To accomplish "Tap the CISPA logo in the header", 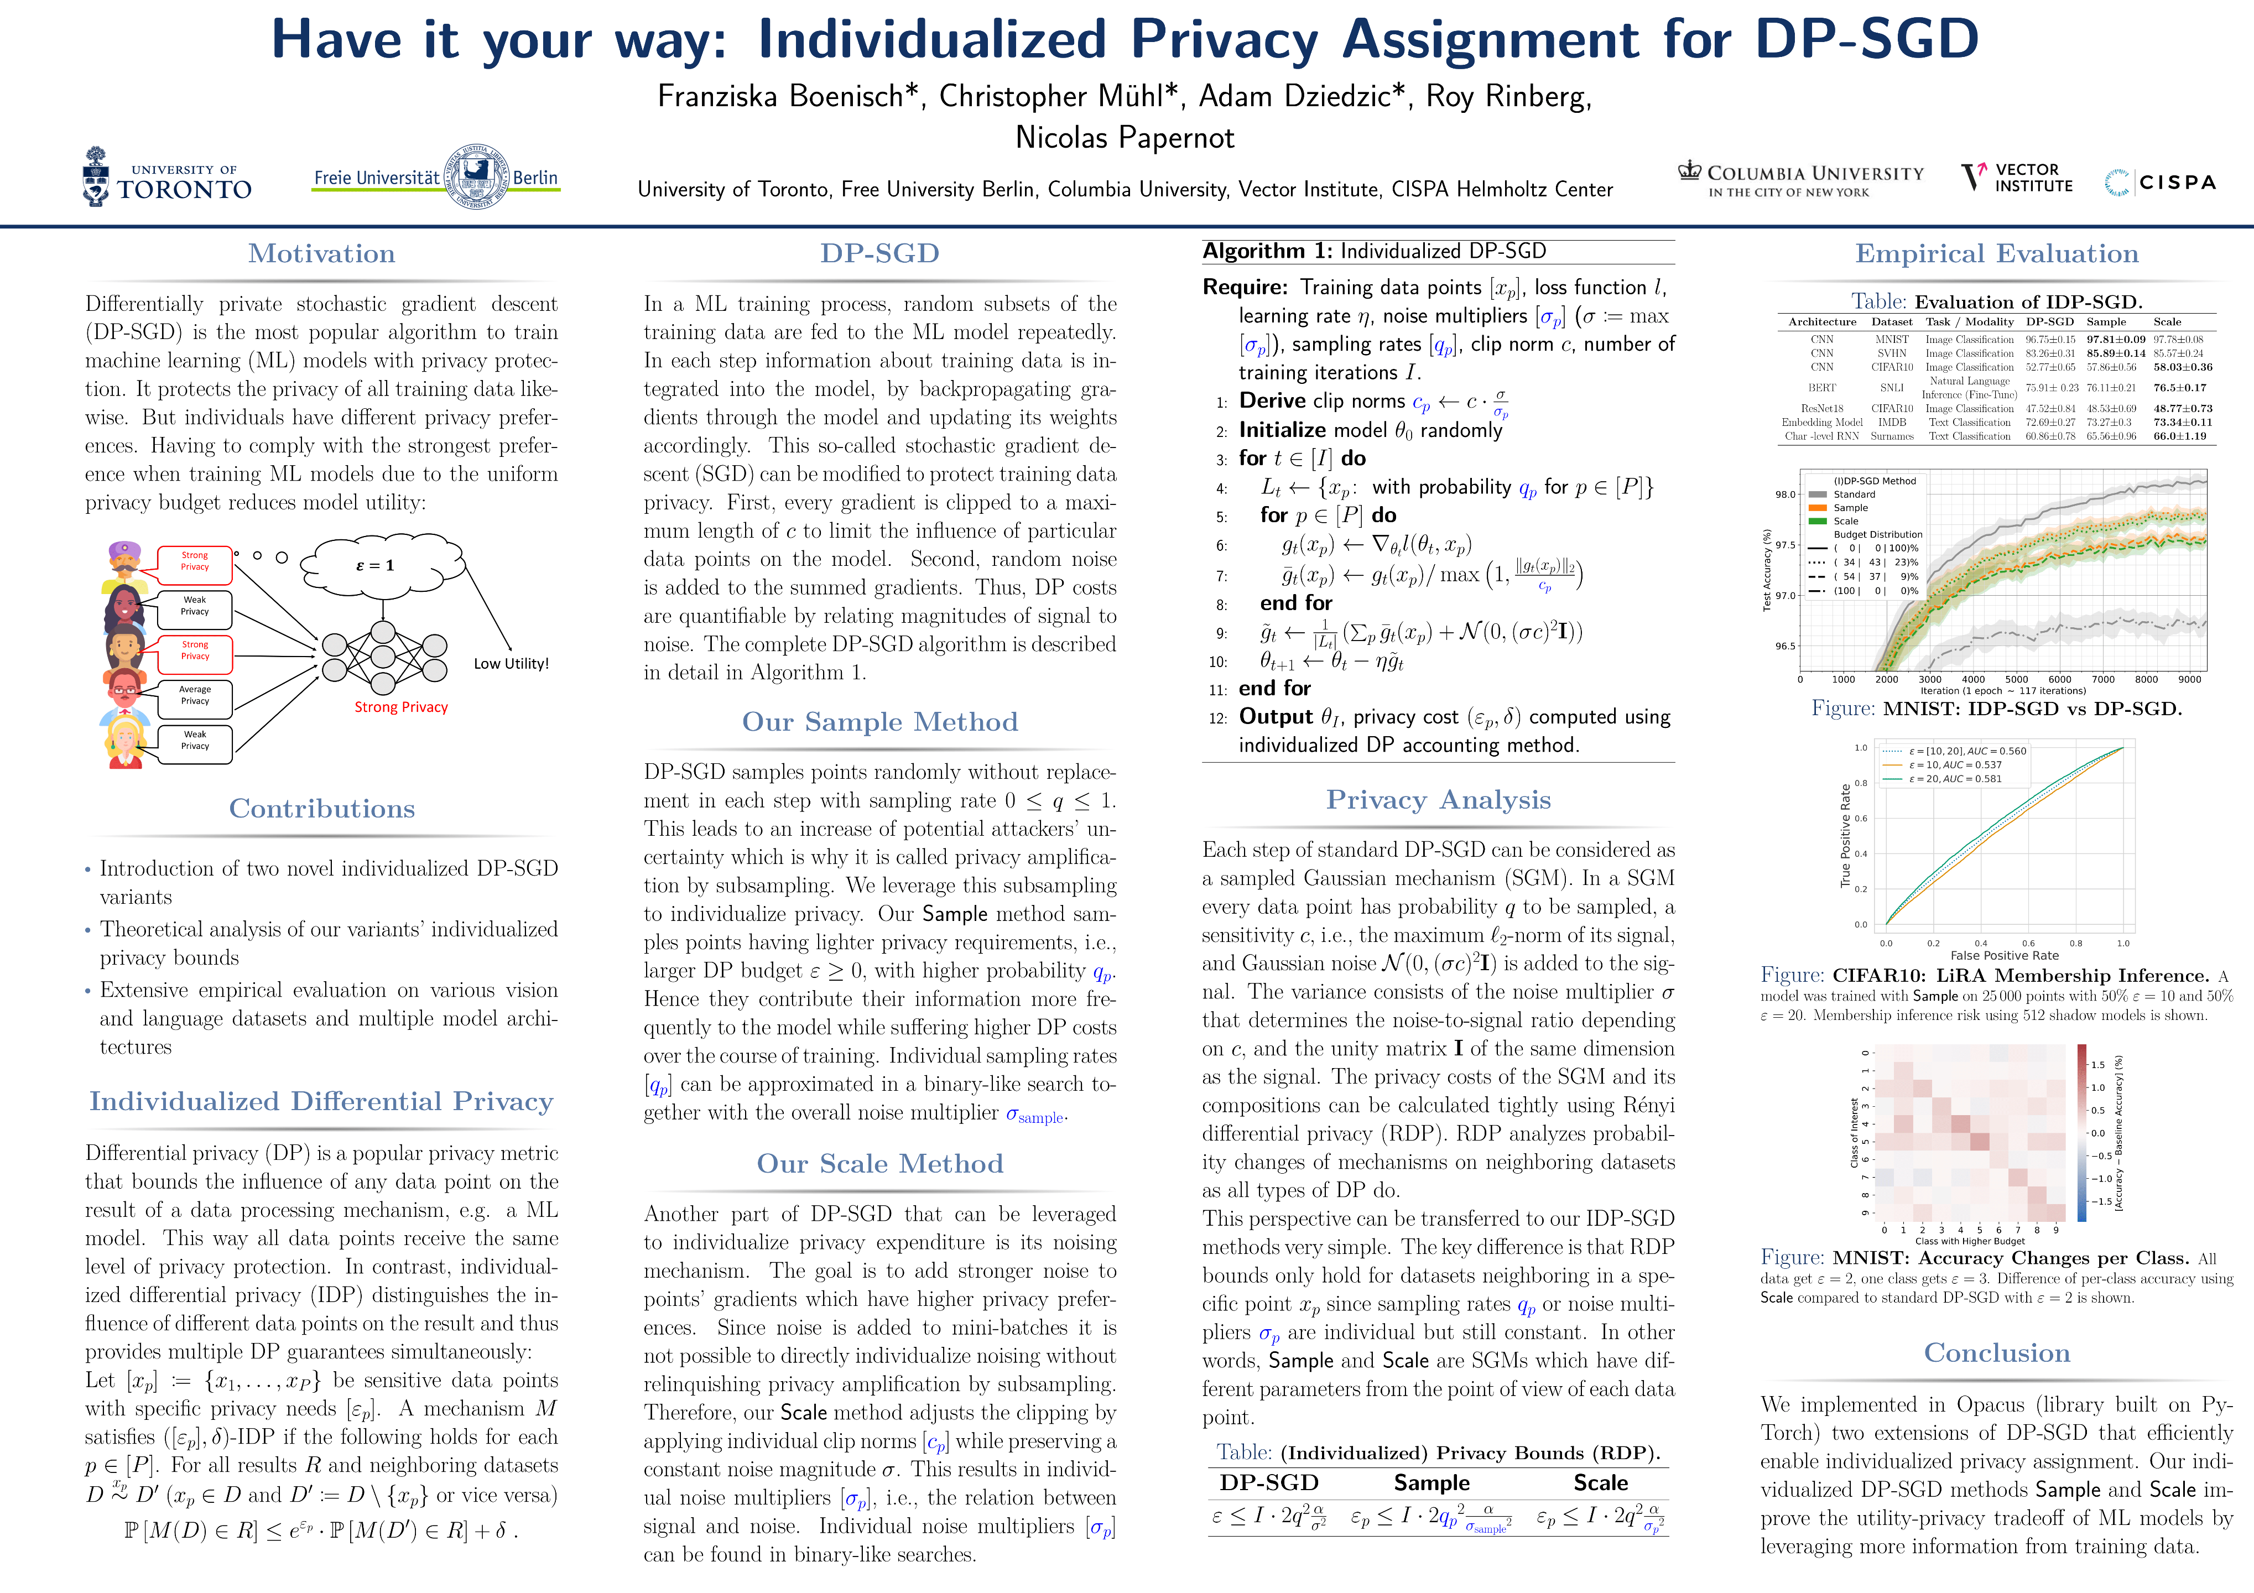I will tap(2161, 183).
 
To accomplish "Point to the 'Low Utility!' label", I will tap(511, 664).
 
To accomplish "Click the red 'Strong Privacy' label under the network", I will tap(400, 707).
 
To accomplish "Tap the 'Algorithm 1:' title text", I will tap(1267, 251).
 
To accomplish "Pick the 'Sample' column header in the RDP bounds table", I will tap(1431, 1482).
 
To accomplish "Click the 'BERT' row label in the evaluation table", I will tap(1822, 388).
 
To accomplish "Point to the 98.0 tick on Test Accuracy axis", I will tap(1785, 494).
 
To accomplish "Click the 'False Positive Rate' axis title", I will tap(2003, 955).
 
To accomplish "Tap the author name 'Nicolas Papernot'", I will tap(1125, 137).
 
